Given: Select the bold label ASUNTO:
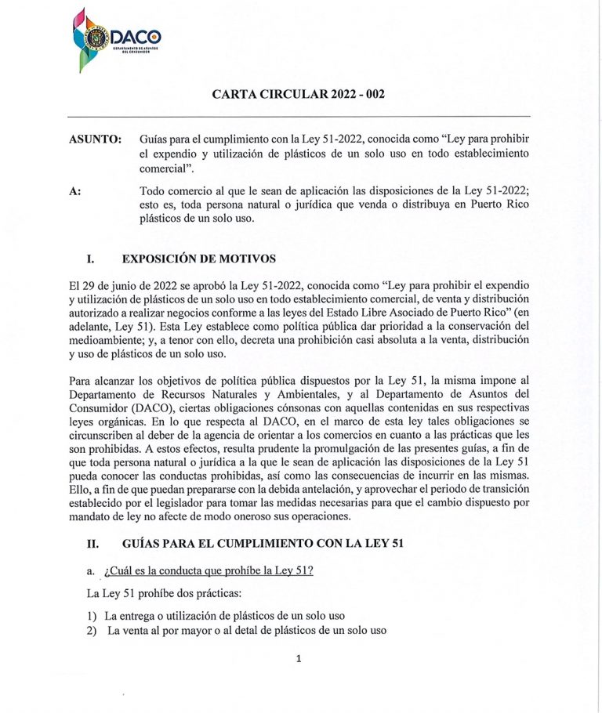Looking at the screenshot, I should click(96, 139).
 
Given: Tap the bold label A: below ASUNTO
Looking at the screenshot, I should click(76, 190).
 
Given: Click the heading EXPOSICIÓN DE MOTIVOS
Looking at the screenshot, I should click(199, 258).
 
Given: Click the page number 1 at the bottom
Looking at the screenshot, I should click(299, 659).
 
